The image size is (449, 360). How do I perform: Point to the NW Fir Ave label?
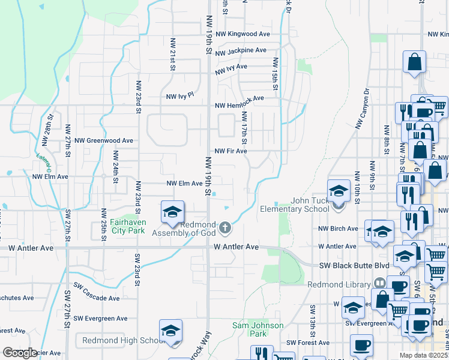tap(231, 151)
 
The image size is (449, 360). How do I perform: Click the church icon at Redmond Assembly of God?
tap(225, 227)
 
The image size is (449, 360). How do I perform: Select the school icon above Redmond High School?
tap(170, 331)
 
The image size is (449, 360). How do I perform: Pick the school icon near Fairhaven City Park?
tap(172, 212)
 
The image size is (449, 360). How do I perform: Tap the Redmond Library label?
tap(339, 284)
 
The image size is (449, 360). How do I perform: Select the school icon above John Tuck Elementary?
tap(339, 191)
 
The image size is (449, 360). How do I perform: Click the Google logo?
tap(20, 353)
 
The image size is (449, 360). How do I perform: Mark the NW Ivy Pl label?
tap(180, 95)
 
